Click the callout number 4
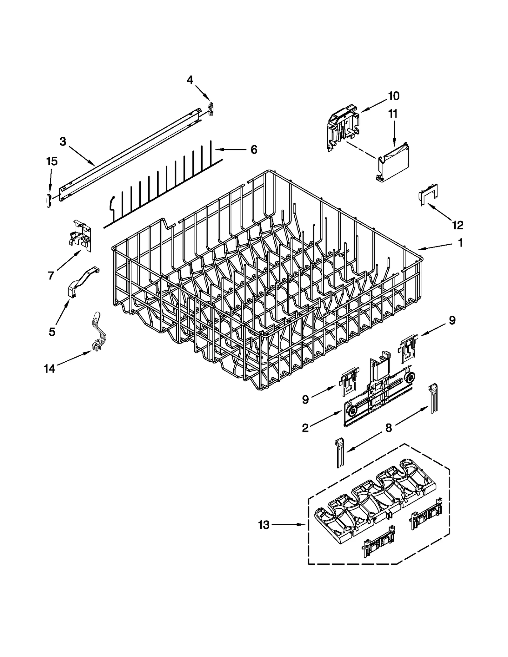tap(190, 80)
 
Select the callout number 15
tap(52, 161)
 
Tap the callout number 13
tap(264, 525)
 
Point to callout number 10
tap(394, 96)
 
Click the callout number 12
tap(458, 225)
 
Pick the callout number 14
tap(50, 369)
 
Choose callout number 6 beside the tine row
tap(254, 150)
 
